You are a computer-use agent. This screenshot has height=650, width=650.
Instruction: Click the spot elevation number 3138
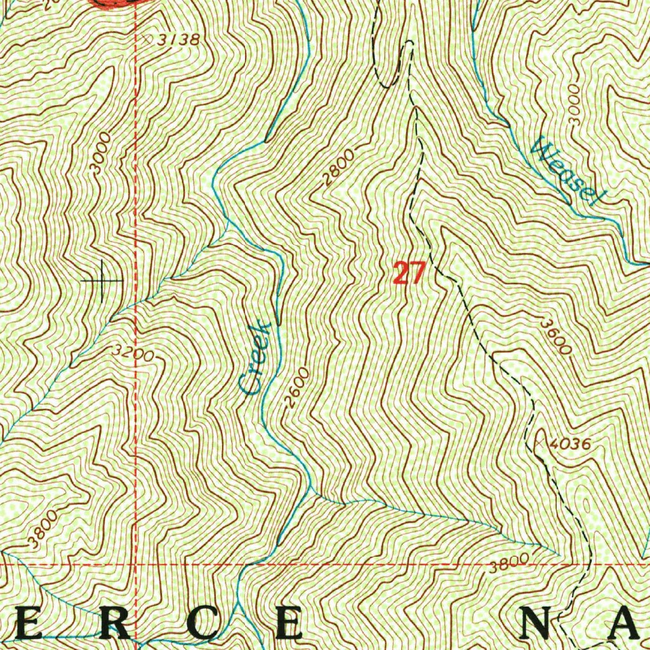(180, 40)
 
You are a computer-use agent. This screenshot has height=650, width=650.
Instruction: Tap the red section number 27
(408, 274)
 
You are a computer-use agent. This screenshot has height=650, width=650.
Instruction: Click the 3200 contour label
(132, 352)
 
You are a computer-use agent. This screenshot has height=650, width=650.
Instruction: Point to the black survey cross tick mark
(102, 280)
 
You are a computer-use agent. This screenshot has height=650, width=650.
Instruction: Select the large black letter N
(541, 625)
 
